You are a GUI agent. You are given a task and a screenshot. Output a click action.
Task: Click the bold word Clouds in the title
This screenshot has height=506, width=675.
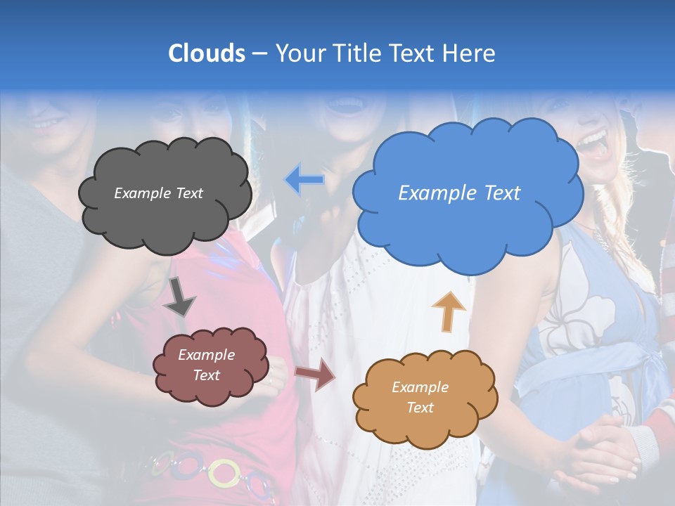click(207, 53)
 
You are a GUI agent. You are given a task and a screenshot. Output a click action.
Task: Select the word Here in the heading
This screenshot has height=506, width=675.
click(470, 53)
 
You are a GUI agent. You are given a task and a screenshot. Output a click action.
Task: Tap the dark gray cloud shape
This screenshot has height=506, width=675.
click(165, 211)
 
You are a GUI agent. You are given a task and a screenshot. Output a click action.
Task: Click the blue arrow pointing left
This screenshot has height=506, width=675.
click(304, 180)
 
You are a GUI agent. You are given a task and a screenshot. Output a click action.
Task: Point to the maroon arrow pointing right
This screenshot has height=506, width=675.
click(316, 374)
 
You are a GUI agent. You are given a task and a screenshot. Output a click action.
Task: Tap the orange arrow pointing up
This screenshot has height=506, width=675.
click(448, 311)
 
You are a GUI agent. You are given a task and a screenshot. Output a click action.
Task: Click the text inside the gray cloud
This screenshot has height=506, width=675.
click(158, 193)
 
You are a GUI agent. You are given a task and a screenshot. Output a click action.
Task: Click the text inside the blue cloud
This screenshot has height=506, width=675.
click(459, 193)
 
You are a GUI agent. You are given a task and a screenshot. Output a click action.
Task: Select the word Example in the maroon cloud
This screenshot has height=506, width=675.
click(206, 355)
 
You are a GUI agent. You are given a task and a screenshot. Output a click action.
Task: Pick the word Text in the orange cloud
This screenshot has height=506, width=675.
click(420, 408)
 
